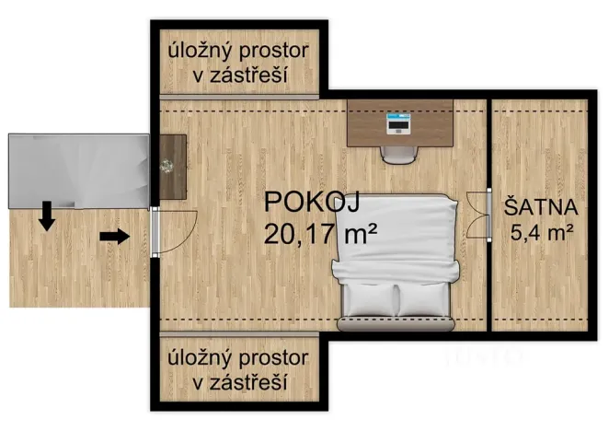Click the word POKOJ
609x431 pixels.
pos(311,203)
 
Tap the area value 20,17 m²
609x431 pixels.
pos(321,233)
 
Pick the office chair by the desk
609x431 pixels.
pos(399,152)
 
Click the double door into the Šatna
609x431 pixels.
pos(476,215)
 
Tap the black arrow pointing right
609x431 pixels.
pos(114,237)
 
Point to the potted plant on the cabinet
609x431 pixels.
pos(167,167)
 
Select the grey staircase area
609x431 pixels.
pos(78,170)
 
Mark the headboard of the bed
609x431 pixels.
pos(396,324)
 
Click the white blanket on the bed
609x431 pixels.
pos(396,239)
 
